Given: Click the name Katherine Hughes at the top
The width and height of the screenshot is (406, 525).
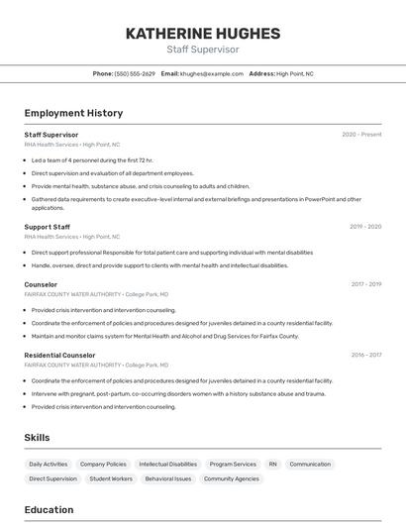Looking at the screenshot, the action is coord(203,34).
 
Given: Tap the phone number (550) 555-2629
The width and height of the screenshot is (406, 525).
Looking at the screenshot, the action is coord(135,73).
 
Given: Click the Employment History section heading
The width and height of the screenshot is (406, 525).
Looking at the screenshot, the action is coord(73,113).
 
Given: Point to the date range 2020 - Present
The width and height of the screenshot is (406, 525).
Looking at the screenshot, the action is coord(361,135).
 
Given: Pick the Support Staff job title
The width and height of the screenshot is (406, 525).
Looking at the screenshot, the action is coord(48,226).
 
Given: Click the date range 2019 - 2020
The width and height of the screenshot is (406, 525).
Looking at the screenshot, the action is coord(364,227).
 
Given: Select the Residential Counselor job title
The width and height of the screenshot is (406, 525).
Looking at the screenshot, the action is coord(59,355).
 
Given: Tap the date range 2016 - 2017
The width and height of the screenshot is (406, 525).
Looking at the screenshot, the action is coord(365,355).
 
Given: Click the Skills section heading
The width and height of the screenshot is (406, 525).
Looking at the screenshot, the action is coord(37,437).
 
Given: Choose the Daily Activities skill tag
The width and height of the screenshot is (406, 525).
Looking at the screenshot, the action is coord(49,464).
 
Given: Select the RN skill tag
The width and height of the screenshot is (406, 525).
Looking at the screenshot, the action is coord(273,464).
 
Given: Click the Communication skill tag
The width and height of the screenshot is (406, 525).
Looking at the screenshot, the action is coord(310,464).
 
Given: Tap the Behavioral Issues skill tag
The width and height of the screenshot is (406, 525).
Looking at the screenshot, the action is coord(168,478).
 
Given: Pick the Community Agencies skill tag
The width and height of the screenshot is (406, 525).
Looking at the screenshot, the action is coord(232,478).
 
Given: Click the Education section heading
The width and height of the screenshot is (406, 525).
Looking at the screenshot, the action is coord(49,510).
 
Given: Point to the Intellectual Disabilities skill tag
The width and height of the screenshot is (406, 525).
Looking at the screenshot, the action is coord(167,464).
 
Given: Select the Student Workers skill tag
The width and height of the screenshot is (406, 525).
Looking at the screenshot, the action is coord(111,478).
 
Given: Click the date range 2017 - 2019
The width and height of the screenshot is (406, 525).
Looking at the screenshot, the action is coord(365,284).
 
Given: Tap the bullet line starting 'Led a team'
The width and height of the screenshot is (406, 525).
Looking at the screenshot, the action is coord(92,159).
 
